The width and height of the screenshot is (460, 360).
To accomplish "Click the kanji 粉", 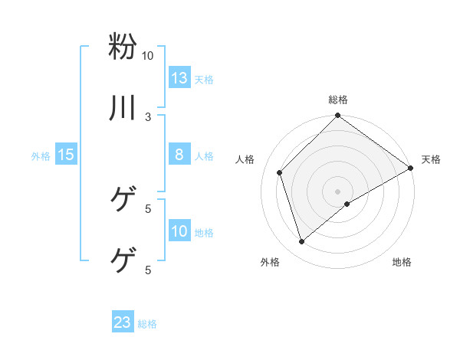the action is (x=123, y=46).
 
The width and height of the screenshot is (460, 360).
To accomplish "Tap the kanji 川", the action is (x=123, y=108).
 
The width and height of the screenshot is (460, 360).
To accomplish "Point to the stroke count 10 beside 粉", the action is (x=147, y=56).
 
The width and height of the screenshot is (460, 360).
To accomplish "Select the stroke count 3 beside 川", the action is (x=148, y=117).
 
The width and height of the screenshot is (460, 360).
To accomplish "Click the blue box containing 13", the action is (x=179, y=78).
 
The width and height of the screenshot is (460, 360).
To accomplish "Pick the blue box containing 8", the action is (x=179, y=155).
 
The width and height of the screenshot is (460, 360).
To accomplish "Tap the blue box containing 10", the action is (x=179, y=231).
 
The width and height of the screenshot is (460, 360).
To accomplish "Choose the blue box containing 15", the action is (x=66, y=155).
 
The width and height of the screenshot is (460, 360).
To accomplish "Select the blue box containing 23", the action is (x=123, y=322).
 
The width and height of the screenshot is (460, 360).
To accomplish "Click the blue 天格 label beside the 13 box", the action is (x=204, y=80).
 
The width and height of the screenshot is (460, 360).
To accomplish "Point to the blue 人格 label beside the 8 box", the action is (x=204, y=156).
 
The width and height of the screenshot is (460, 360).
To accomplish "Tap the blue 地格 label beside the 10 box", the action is (x=204, y=233).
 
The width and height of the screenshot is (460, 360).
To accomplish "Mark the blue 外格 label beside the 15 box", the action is (x=41, y=156).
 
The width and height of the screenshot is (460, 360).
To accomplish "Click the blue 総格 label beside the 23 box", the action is (x=147, y=324).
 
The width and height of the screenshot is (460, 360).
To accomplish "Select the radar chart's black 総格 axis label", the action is (x=338, y=100).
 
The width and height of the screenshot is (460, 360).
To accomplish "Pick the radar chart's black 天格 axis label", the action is (x=431, y=159).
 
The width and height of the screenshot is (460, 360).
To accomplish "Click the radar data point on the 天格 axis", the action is (x=411, y=168).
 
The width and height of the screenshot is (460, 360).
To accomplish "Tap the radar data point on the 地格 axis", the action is (x=347, y=204).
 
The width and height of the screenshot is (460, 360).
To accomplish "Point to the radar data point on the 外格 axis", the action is (x=302, y=242).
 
